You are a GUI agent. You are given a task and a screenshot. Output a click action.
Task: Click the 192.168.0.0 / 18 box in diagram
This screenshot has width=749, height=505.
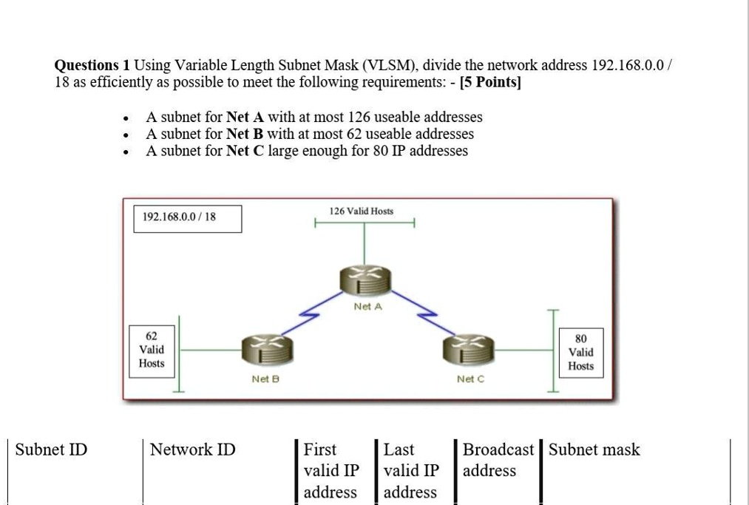click(187, 219)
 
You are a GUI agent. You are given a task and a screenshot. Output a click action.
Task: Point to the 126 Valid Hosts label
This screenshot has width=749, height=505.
click(362, 211)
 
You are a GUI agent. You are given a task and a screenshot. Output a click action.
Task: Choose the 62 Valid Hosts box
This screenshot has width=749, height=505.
click(152, 349)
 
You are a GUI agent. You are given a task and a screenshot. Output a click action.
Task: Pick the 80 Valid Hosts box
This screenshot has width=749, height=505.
click(581, 353)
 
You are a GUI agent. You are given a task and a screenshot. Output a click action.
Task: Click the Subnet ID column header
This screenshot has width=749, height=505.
click(51, 450)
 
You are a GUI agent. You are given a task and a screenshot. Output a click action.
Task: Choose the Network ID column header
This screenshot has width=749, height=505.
click(192, 450)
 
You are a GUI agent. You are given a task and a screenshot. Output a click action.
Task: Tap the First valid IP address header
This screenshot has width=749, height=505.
click(330, 470)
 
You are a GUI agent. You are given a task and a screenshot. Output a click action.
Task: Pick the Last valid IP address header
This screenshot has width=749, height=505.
click(411, 470)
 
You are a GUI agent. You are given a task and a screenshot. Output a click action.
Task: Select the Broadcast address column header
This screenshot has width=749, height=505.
click(498, 460)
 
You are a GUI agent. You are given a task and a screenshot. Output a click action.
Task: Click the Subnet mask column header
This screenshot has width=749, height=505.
click(594, 450)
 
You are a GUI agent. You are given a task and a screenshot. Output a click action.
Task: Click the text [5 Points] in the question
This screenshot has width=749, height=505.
click(489, 83)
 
